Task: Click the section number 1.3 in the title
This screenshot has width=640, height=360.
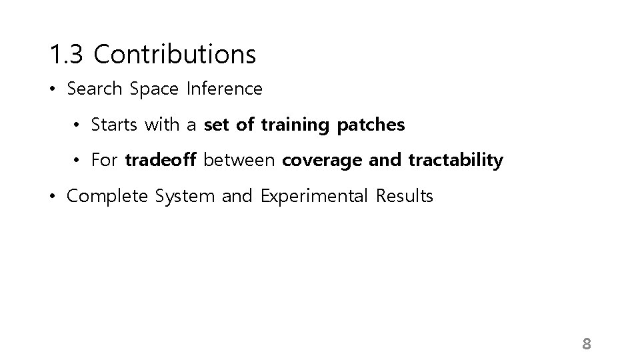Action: tap(66, 55)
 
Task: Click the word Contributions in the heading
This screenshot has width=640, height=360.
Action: tap(175, 55)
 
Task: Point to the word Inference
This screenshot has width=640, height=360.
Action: tap(225, 89)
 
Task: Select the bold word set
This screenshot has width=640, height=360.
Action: tap(216, 125)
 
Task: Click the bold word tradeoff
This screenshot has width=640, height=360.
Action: tap(161, 161)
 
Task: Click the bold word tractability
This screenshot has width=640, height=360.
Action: tap(455, 161)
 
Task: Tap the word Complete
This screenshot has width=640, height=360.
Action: tap(108, 197)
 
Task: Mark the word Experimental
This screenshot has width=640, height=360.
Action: tap(312, 197)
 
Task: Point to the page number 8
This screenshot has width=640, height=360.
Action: tap(587, 344)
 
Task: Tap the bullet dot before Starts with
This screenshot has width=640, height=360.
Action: tap(78, 125)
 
